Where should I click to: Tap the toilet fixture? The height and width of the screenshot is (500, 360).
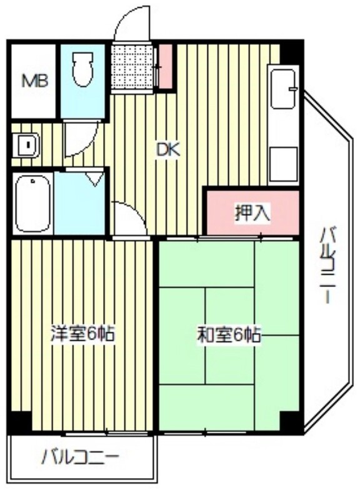pos(82,70)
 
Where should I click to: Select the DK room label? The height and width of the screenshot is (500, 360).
pos(167,150)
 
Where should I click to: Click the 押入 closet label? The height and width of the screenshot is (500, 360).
pos(252,214)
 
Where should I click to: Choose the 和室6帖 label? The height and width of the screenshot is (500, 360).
pos(229,336)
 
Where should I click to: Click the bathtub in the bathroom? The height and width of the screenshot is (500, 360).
pos(32,202)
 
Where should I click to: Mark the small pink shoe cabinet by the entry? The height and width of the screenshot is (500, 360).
pos(166,65)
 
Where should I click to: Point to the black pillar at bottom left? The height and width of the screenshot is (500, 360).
pos(19,422)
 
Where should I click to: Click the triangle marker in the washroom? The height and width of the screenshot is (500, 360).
pos(93,179)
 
